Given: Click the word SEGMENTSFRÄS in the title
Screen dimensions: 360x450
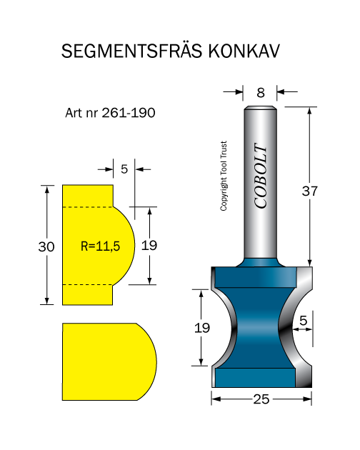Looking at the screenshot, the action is [x=131, y=51].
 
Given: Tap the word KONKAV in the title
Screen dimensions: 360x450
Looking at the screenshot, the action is [x=244, y=51].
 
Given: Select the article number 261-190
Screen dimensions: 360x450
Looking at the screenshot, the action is [x=129, y=113].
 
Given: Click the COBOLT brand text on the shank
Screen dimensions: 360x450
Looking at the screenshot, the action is [x=261, y=176].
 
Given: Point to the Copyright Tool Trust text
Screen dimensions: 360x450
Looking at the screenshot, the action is [x=224, y=176].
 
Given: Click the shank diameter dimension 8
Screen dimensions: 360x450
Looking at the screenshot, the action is [x=261, y=92].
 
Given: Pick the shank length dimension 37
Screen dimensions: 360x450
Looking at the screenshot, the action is [x=309, y=191].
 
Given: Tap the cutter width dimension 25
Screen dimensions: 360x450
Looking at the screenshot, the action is [x=261, y=399].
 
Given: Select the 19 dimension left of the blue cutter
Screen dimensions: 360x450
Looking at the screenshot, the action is [x=202, y=328].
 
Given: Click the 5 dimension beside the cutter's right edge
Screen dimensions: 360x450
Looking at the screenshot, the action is [x=303, y=321].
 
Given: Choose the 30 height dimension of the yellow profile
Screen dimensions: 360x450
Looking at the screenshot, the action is [x=46, y=246].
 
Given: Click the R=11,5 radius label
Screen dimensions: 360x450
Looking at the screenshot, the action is [x=100, y=246].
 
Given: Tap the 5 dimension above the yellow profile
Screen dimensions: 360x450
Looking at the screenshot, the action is [x=124, y=169].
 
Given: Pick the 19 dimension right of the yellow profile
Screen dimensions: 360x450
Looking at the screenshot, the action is [x=149, y=246].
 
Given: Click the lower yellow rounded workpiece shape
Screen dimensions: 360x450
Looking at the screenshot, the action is [x=109, y=361].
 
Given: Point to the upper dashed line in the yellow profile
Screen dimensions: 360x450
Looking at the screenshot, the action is [x=88, y=207].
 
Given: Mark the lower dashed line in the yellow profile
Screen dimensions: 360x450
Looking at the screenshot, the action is [x=88, y=285].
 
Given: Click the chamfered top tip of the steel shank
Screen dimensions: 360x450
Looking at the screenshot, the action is [x=261, y=108].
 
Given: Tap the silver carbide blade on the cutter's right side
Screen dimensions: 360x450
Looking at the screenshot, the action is [x=300, y=327].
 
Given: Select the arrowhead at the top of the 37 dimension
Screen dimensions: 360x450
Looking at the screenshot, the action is [x=309, y=111].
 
